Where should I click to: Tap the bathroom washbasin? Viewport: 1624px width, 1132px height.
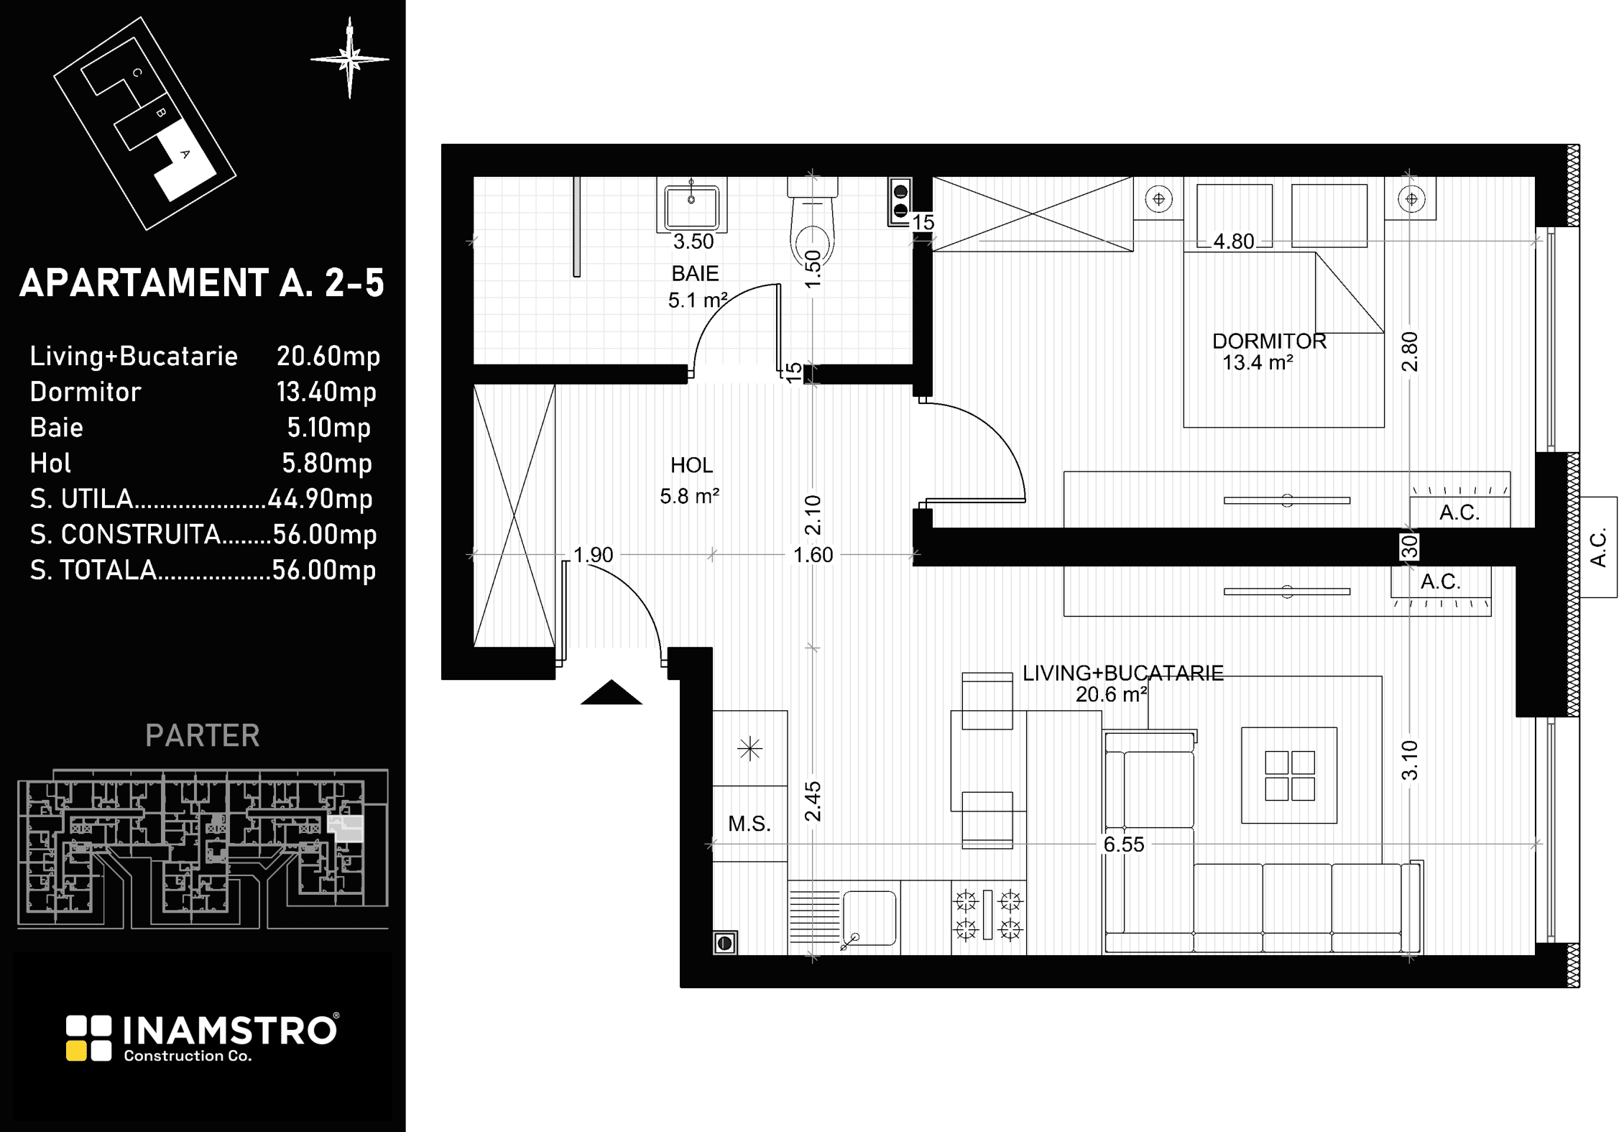coord(691,205)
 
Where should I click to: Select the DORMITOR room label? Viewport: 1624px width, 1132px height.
coord(1269,341)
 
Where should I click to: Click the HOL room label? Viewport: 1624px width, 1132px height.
coord(691,466)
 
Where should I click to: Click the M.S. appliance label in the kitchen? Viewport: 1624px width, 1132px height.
coord(749,824)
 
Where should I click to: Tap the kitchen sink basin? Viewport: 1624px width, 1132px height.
coord(869,918)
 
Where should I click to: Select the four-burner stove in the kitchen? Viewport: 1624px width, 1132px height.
coord(988,915)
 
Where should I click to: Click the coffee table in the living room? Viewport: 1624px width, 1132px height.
coord(1289,775)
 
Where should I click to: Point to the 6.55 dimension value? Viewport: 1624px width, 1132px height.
coord(1124,845)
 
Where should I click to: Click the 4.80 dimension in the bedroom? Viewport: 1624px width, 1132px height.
coord(1233,241)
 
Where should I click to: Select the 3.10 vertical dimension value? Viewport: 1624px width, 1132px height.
coord(1410,760)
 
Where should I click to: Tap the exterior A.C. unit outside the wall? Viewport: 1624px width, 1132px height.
coord(1598,548)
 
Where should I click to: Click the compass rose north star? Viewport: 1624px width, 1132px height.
coord(350,59)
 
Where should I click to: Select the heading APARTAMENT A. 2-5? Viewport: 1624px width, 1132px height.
coord(202,283)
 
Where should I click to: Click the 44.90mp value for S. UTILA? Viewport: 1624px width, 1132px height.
coord(320,499)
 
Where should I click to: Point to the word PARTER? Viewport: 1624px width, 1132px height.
coord(203,736)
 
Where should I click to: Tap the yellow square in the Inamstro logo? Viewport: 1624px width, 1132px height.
coord(76,1051)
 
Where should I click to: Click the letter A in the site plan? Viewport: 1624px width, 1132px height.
coord(185,154)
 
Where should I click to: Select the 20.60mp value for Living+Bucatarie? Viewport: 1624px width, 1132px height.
coord(328,356)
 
